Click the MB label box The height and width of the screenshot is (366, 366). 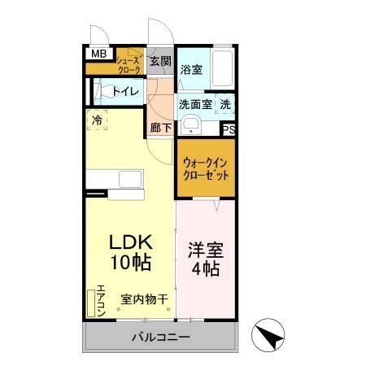point(98,54)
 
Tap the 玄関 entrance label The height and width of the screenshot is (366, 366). point(160,61)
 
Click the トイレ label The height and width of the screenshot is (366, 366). point(123,90)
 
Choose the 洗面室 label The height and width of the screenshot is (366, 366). point(195,104)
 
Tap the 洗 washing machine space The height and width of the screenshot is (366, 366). point(225,104)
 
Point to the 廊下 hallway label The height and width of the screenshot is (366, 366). point(160,127)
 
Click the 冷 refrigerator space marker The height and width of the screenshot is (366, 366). point(97,120)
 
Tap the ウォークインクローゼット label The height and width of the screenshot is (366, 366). point(206,168)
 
